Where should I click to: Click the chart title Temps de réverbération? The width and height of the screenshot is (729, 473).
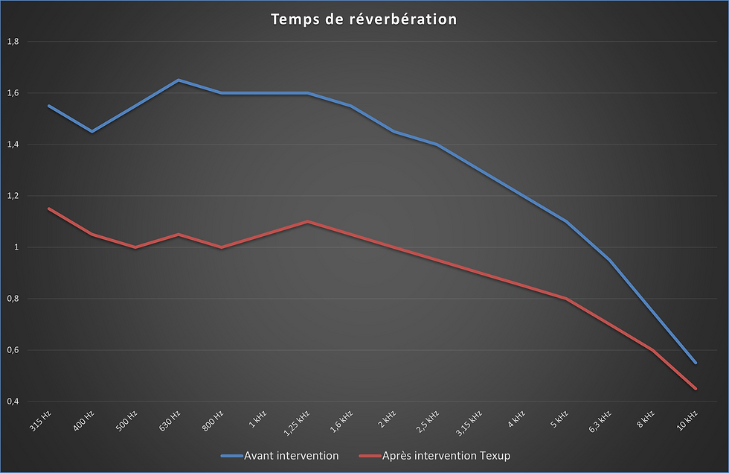364,19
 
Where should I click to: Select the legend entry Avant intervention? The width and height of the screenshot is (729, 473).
291,455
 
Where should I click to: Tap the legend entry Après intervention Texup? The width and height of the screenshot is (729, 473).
445,455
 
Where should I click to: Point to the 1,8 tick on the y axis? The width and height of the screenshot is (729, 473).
12,42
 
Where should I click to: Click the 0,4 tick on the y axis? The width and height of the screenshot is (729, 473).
12,401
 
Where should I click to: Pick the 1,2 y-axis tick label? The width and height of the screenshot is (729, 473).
12,196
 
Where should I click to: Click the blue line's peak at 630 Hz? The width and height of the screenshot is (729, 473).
179,80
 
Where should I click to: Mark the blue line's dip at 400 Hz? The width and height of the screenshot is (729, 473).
92,131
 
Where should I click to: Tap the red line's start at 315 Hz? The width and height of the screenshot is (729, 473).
49,209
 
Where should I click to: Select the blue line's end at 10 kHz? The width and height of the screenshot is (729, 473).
696,363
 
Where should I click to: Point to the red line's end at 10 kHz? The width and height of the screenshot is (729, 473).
696,388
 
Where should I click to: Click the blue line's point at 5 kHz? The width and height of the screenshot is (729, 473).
566,221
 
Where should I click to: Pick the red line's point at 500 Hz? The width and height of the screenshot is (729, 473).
135,247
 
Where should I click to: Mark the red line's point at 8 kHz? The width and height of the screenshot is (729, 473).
652,350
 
